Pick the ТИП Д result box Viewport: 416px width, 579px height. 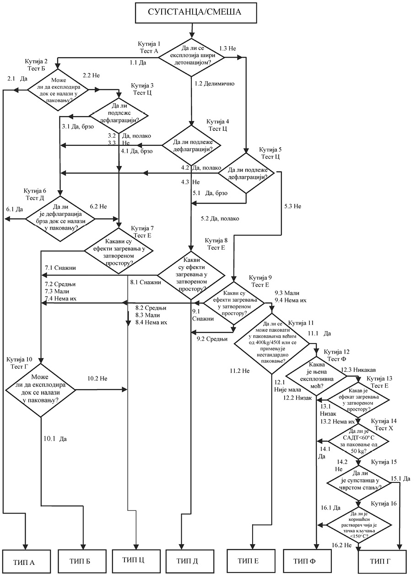point(188,561)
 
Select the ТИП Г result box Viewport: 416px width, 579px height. point(382,561)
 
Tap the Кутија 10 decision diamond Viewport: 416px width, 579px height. point(41,390)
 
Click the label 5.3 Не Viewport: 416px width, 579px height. point(292,206)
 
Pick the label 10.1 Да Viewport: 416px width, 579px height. point(55,439)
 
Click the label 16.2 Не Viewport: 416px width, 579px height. point(342,545)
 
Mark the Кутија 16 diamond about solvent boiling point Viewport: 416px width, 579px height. point(358,524)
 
